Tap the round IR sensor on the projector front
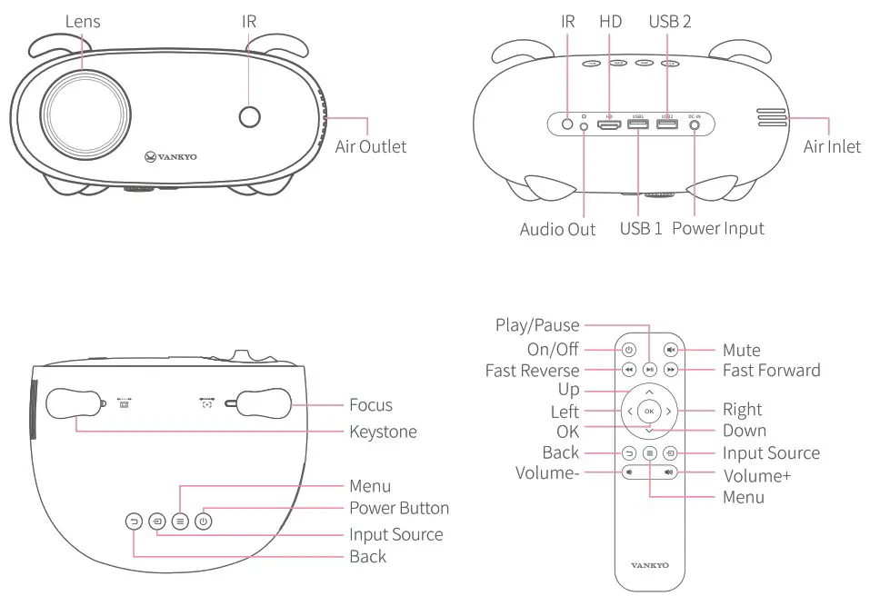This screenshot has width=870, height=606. click(249, 115)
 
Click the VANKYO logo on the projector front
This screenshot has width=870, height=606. click(170, 156)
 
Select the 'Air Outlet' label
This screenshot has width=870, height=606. click(371, 146)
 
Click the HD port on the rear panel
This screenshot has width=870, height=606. click(608, 124)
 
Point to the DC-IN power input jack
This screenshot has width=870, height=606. click(695, 124)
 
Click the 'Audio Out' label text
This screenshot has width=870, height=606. click(557, 229)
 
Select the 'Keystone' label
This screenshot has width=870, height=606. click(383, 432)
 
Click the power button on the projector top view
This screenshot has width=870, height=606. click(204, 522)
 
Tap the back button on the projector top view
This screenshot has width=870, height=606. click(134, 522)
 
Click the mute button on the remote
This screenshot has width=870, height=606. click(671, 349)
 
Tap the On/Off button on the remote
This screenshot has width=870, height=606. click(628, 349)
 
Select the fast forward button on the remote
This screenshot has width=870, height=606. click(671, 370)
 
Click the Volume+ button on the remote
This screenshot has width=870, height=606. click(670, 472)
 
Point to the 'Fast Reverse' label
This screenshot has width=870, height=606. click(532, 371)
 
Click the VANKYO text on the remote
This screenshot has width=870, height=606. click(649, 565)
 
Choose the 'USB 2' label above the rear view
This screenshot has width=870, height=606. click(669, 21)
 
